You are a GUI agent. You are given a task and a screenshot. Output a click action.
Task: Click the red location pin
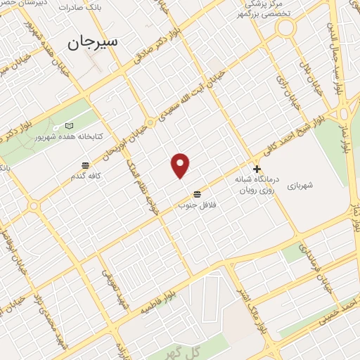coord(181,166)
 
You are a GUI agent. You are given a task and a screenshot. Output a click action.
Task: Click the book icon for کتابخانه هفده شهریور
coord(68,126)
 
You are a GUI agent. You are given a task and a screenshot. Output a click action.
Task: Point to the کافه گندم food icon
coord(85,166)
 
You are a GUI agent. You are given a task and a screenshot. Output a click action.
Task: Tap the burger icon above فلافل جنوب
coord(196,193)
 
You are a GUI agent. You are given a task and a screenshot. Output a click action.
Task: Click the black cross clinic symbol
coord(257,169)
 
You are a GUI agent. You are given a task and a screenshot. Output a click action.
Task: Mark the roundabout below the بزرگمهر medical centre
coord(285,28)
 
